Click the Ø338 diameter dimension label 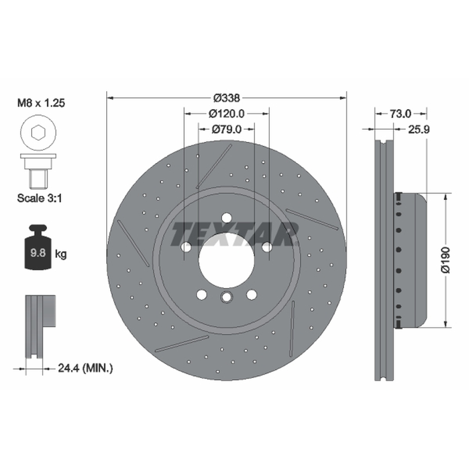click(x=227, y=97)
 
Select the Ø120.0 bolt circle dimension click(x=226, y=114)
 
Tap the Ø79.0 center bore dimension click(x=226, y=129)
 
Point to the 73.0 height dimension click(x=400, y=114)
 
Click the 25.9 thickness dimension click(x=419, y=130)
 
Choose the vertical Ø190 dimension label click(x=446, y=260)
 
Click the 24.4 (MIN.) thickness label click(x=85, y=368)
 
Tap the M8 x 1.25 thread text click(x=41, y=103)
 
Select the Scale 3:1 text click(x=39, y=198)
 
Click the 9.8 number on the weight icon click(x=38, y=253)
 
